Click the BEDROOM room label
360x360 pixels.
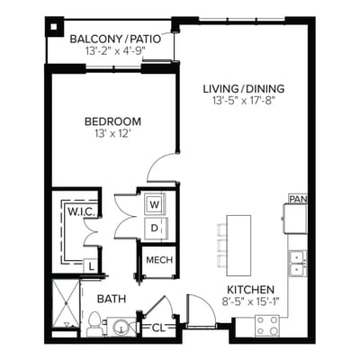click(x=112, y=121)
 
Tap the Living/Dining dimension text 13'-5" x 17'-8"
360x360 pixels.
click(x=244, y=101)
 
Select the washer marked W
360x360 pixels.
click(x=155, y=205)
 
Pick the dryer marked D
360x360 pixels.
click(x=155, y=229)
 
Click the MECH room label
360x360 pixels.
click(x=159, y=260)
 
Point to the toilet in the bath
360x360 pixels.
click(x=94, y=324)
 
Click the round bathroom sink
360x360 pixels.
click(x=121, y=327)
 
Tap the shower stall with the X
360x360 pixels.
click(x=66, y=304)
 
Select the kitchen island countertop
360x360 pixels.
click(x=238, y=246)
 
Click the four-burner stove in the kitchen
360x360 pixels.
click(x=267, y=326)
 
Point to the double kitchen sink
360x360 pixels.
click(x=298, y=264)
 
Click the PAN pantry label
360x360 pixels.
click(x=298, y=199)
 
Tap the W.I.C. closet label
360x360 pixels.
click(x=82, y=211)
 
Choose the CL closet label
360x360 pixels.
click(x=158, y=328)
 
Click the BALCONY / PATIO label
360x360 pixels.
click(x=115, y=40)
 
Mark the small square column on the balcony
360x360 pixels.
click(x=54, y=27)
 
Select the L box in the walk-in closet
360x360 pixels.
click(x=91, y=266)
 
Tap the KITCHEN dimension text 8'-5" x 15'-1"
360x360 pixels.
click(x=251, y=301)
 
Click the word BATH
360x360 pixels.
click(x=112, y=299)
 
